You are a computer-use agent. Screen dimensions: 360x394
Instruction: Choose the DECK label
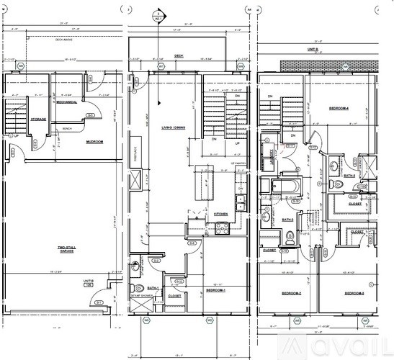click(x=179, y=55)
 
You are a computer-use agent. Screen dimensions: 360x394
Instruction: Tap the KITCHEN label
click(x=222, y=214)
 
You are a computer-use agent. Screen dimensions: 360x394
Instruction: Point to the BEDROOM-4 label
click(x=340, y=108)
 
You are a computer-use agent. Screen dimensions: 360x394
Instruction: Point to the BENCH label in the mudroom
click(x=67, y=129)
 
